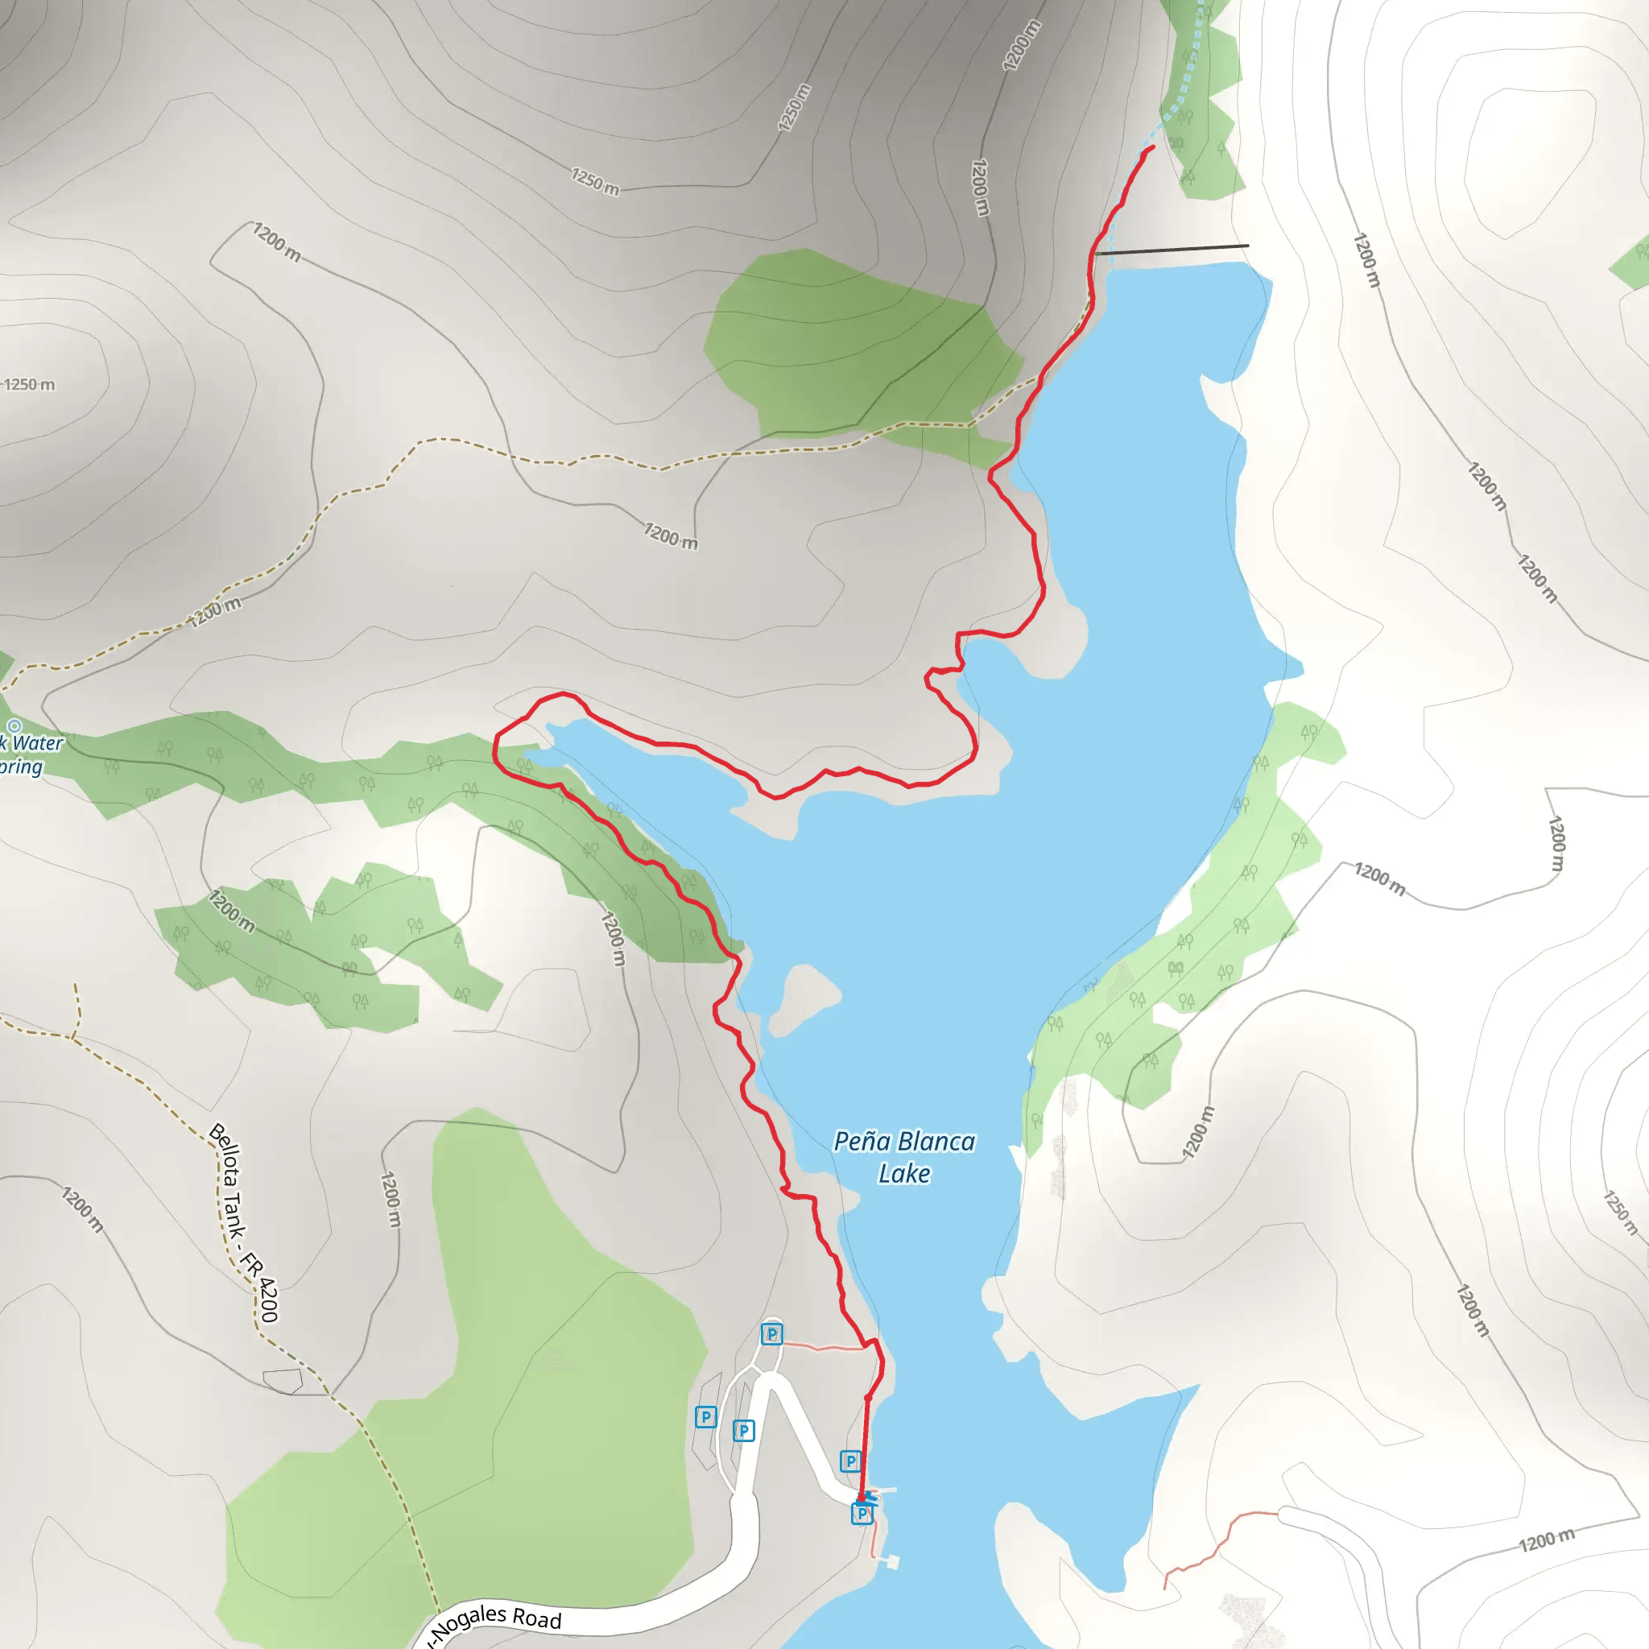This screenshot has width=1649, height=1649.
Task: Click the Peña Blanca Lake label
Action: pos(904,1156)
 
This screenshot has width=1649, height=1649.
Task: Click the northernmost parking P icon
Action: pos(771,1333)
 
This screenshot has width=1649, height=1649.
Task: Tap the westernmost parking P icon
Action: pos(705,1417)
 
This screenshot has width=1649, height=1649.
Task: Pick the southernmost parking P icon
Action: pos(862,1513)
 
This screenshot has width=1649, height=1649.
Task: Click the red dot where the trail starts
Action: pos(862,1497)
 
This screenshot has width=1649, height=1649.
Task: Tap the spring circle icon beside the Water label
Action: pos(14,726)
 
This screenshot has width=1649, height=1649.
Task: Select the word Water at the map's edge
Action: pos(38,743)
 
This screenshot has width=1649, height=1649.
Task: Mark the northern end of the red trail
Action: pos(1153,147)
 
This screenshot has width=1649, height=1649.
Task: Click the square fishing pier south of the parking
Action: pos(893,1561)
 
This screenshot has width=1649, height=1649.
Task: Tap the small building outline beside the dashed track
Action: pos(283,1381)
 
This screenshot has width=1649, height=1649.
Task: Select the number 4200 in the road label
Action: pos(267,1299)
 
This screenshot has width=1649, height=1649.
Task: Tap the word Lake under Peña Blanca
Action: pos(904,1174)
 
